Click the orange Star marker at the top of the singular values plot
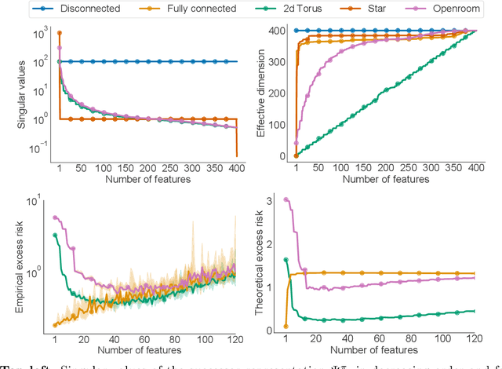(60, 33)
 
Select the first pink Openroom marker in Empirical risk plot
(54, 218)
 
